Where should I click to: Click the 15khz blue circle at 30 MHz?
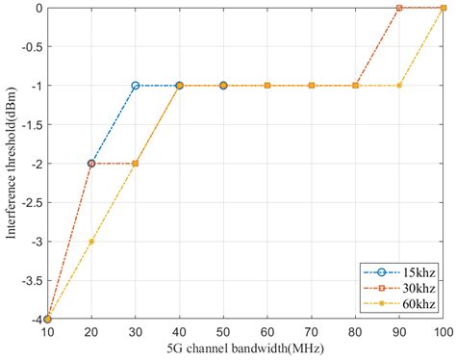tap(136, 86)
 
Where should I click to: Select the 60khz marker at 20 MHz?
tap(91, 242)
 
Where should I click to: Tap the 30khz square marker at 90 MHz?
tap(399, 8)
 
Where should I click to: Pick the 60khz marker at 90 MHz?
tap(399, 86)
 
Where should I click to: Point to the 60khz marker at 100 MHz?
tap(443, 8)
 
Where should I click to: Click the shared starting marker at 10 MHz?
tap(47, 319)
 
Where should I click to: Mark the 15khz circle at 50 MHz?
tap(223, 86)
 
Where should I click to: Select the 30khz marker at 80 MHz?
tap(355, 86)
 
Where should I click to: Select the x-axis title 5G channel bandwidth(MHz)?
tap(244, 349)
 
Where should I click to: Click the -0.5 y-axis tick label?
tap(29, 46)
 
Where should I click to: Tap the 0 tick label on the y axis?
tap(37, 8)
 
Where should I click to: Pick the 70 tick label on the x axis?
tap(311, 332)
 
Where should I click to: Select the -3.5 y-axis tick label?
tap(29, 280)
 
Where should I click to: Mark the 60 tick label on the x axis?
tap(267, 332)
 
